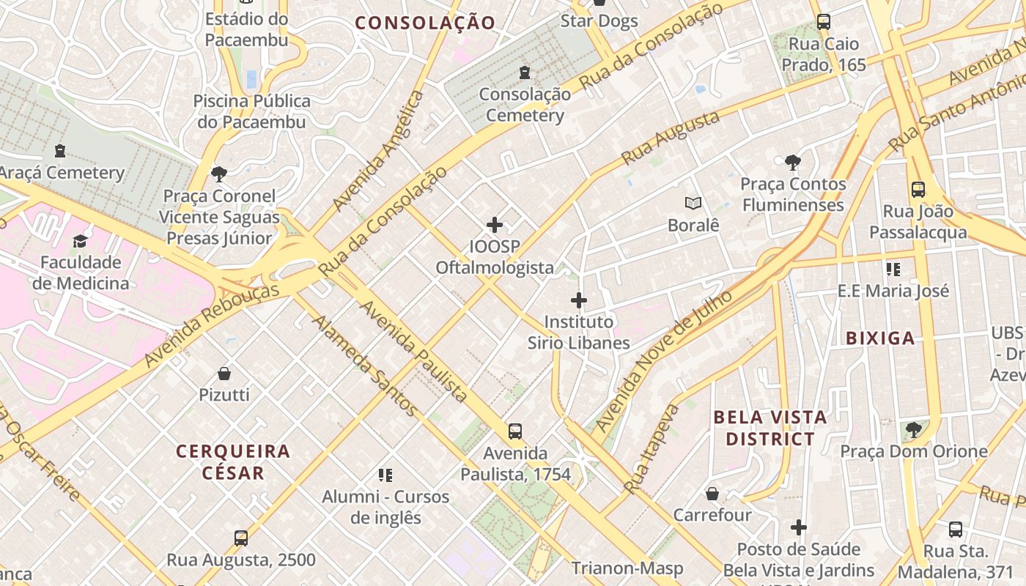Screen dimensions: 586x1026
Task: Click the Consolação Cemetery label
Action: tap(525, 105)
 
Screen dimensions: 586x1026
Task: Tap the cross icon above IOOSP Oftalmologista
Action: tap(495, 224)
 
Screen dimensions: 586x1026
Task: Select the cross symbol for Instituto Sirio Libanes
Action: tap(579, 300)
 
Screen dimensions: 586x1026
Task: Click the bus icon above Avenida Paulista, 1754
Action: tap(515, 431)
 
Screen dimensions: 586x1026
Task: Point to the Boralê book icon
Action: tap(693, 203)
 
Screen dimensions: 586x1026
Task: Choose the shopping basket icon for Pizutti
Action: tap(224, 374)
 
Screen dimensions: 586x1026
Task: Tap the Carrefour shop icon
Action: tap(712, 494)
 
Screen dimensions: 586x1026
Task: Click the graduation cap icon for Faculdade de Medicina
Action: tap(80, 241)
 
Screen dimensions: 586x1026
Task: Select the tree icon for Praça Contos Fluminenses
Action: tap(792, 163)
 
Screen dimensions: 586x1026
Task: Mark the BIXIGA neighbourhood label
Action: tap(880, 338)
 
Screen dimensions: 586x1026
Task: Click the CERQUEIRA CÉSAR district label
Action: tap(234, 461)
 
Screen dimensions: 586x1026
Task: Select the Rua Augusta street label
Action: tap(660, 138)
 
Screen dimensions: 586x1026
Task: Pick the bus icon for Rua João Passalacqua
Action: tap(918, 190)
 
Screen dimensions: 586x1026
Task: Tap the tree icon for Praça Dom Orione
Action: tap(913, 430)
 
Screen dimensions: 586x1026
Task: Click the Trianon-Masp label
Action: tap(627, 568)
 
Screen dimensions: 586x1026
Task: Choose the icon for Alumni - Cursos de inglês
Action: tap(385, 475)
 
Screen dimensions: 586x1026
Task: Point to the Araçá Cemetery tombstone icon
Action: tap(60, 151)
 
